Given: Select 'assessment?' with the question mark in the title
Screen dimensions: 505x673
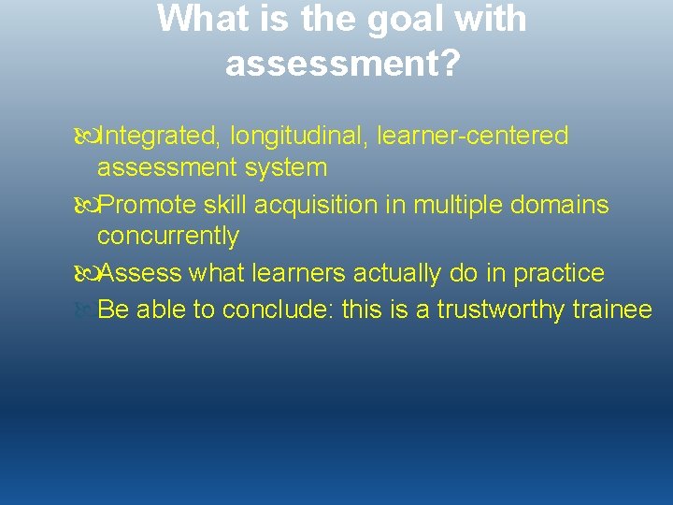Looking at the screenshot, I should click(342, 64).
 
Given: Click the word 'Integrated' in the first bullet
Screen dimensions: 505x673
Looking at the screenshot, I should click(155, 137).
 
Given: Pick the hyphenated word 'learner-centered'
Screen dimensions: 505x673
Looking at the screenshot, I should click(472, 137).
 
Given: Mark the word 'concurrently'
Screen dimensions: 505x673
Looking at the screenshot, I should click(168, 237).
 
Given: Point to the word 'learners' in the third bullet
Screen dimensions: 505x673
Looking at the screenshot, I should click(298, 273).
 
